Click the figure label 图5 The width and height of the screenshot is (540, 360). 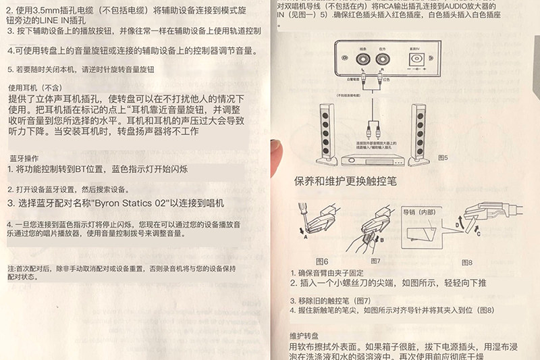coord(443,157)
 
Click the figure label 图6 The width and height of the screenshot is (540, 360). coord(321,261)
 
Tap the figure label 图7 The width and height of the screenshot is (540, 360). coord(375,261)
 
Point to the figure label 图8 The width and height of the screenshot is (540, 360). coord(466,262)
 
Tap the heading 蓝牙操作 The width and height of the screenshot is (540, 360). coord(24,158)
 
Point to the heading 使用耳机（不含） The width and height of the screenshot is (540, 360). coord(34,88)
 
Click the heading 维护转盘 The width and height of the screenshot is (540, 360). coord(304,336)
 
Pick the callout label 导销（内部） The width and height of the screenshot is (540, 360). coord(419,212)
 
